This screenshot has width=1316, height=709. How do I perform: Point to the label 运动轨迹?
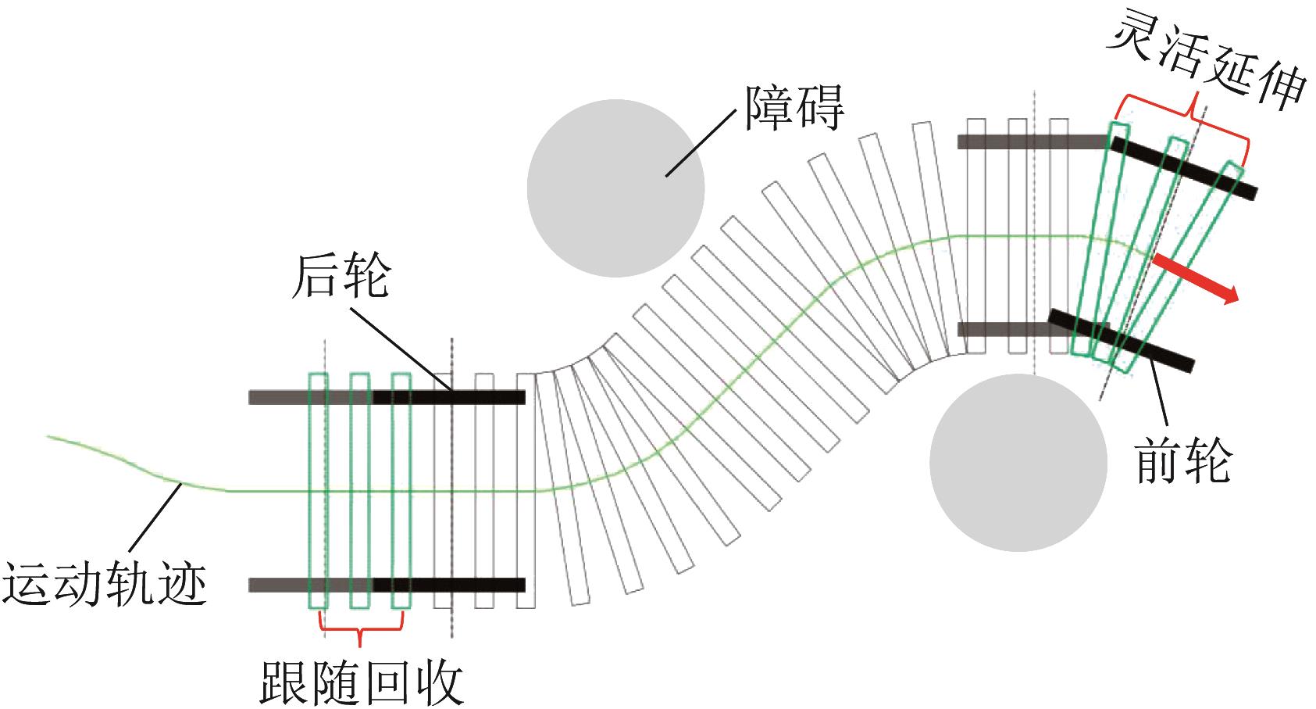(x=105, y=583)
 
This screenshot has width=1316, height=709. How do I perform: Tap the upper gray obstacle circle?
(x=615, y=188)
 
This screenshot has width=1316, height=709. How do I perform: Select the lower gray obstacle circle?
(x=1018, y=462)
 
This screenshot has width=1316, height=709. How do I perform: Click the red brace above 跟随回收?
(x=361, y=632)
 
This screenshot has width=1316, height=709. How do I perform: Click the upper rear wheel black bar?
(x=448, y=397)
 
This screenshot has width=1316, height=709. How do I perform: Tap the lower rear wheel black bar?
(x=448, y=585)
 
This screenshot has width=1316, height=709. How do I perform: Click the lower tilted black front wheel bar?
(x=1121, y=338)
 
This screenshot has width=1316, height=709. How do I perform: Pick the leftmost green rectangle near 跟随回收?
(x=319, y=490)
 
